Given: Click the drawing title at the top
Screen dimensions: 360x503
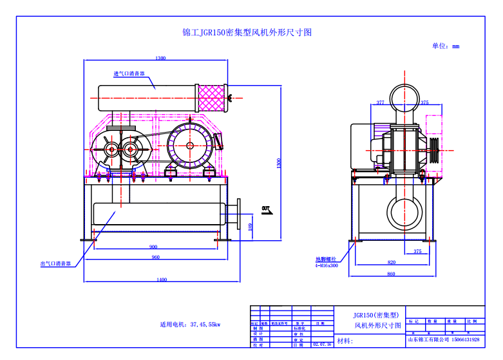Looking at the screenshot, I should coord(247,33).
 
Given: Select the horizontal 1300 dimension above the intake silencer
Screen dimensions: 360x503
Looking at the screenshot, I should coord(160,58).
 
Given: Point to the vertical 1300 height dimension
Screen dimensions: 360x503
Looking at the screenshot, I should coord(279,164).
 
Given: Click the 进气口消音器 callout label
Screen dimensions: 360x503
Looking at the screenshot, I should coord(129,74).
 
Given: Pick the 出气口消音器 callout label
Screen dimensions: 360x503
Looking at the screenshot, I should coord(55,263).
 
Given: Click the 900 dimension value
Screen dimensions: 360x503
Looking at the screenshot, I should coord(153,247).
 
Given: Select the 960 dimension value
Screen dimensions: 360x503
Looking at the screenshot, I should coord(155,258).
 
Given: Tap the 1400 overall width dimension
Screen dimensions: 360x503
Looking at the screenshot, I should coord(161,279).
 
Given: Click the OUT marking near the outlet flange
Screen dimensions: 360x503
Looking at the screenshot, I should coord(266,207).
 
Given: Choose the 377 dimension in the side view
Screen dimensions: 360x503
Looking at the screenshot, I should coord(380,102).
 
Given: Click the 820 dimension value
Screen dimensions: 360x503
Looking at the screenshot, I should coord(392,262).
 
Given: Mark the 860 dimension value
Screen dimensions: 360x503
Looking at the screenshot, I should coord(392,274).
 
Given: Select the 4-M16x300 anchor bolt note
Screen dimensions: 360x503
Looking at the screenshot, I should coord(327,265).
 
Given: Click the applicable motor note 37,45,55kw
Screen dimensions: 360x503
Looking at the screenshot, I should coord(190,324).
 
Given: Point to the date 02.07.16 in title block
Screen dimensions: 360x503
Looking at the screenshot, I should coord(322,345).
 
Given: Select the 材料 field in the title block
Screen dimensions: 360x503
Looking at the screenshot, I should coord(345,341).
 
